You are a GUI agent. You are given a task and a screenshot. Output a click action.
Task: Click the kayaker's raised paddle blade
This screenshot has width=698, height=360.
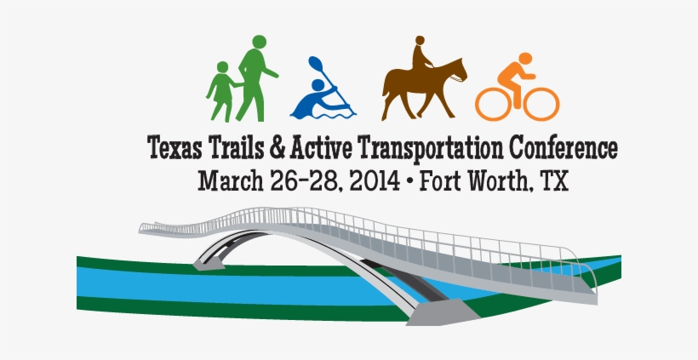click(x=316, y=64)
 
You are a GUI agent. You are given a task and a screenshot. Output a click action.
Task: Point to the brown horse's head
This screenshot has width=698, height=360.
click(x=458, y=70)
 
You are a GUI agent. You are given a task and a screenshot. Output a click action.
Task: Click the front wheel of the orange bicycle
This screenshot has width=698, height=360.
click(x=541, y=102)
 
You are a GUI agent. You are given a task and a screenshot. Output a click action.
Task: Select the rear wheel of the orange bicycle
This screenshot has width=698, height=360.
click(x=494, y=102)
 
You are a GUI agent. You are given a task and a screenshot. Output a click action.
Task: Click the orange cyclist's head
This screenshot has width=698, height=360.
click(x=524, y=59)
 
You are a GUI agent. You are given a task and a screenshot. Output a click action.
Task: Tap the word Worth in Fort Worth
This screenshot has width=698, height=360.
click(x=501, y=180)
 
